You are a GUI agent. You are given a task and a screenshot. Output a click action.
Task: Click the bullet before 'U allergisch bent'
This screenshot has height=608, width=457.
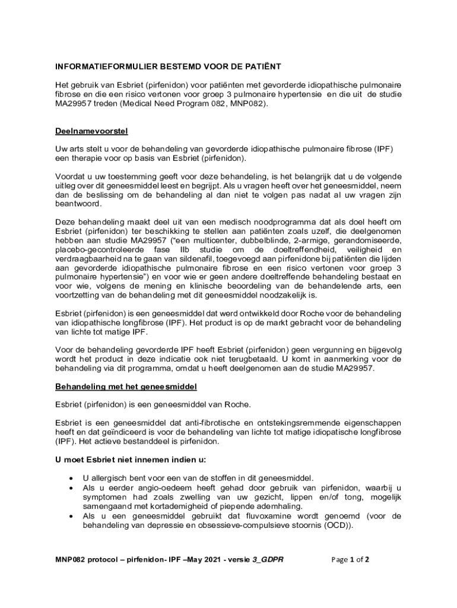[x=71, y=478]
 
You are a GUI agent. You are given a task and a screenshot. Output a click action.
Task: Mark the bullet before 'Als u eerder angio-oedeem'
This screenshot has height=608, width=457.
[x=71, y=487]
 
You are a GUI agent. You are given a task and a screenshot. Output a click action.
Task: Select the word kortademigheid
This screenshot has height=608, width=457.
[x=185, y=506]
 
